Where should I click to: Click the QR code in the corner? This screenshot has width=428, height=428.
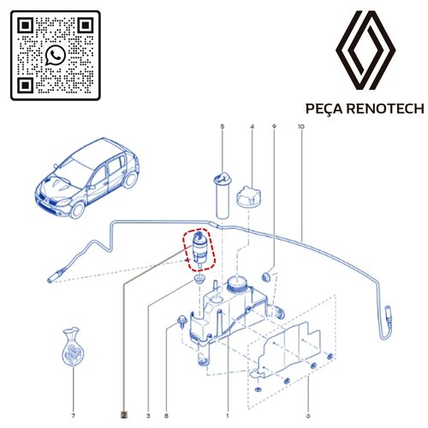click(x=55, y=55)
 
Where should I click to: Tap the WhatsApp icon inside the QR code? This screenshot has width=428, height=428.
click(x=55, y=56)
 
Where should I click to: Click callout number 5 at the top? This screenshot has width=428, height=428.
click(x=222, y=128)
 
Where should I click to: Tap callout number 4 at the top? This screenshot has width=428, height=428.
click(x=252, y=128)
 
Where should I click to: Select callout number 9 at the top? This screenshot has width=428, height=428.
click(x=274, y=128)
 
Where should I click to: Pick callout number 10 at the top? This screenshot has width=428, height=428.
click(x=300, y=128)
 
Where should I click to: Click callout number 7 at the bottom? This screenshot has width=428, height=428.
click(x=73, y=391)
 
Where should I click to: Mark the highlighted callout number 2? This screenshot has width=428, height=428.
click(x=125, y=391)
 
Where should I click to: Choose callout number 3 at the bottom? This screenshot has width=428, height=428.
click(x=148, y=391)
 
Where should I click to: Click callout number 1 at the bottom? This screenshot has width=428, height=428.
click(x=227, y=391)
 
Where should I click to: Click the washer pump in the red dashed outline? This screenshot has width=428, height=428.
click(x=199, y=249)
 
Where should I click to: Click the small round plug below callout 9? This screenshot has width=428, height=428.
click(x=268, y=276)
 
